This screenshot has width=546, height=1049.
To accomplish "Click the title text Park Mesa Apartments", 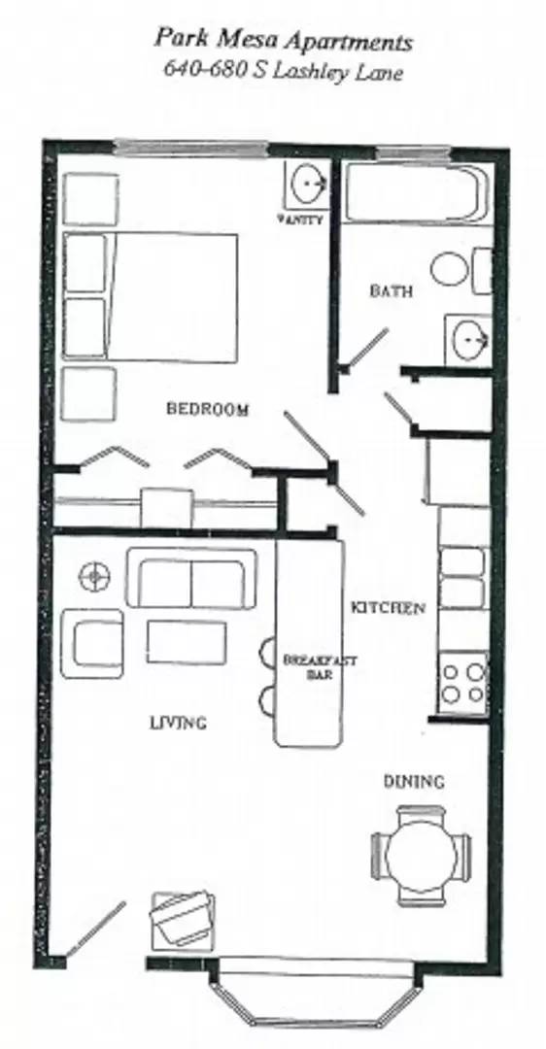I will [283, 42].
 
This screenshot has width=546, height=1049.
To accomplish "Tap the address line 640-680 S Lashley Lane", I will [283, 71].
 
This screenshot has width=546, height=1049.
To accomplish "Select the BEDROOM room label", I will [207, 409].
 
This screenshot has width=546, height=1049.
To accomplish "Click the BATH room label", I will [392, 289].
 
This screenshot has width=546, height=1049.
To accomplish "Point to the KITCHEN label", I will [388, 608].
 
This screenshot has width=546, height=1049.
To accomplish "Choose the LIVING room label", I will [178, 722].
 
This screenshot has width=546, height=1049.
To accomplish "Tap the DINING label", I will [413, 781].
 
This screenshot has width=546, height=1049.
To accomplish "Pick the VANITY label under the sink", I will [300, 220].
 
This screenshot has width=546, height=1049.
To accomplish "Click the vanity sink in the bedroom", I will [307, 183].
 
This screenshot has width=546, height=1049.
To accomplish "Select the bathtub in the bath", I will [412, 193].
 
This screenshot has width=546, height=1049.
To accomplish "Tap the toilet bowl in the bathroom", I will [451, 269].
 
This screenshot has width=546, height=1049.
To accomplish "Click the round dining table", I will [421, 857].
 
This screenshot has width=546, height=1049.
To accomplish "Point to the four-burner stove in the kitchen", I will [462, 680].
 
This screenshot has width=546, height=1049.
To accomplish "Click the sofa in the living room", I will [191, 579].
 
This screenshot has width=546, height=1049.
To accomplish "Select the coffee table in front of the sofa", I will [187, 642].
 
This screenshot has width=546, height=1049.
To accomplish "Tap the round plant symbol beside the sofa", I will [94, 576].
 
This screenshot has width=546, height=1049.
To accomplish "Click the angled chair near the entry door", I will [182, 919].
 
